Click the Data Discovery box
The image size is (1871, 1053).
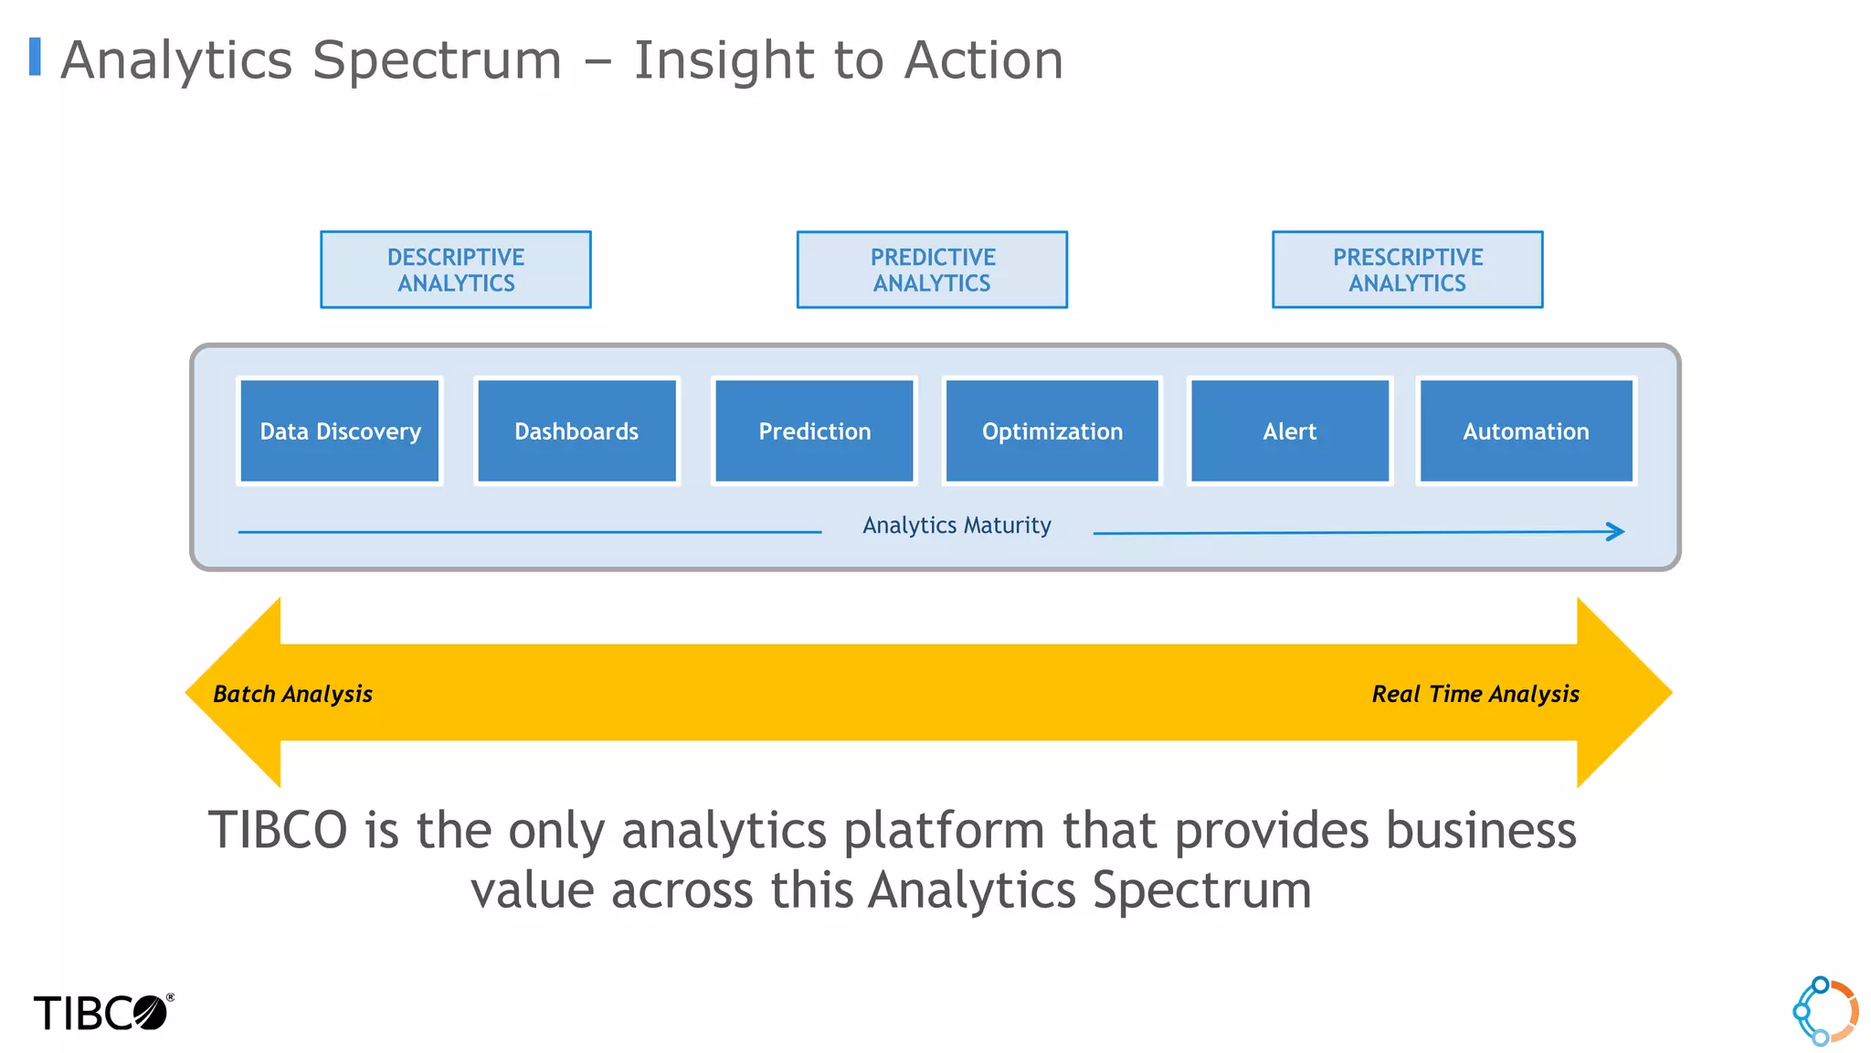click(340, 431)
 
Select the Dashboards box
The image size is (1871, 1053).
click(576, 431)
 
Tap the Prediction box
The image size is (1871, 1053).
click(814, 431)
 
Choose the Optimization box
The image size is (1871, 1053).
click(1052, 431)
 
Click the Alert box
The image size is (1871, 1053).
click(1289, 431)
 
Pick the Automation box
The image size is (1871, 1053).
click(1526, 431)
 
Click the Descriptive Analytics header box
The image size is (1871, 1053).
click(456, 270)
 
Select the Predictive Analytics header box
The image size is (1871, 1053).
click(932, 270)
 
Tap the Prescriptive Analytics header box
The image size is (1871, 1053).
click(1407, 270)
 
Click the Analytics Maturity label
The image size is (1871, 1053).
click(957, 526)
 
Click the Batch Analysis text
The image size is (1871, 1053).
click(292, 694)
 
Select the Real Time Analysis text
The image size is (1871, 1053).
click(1475, 694)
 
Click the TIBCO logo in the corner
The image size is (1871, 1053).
click(102, 1013)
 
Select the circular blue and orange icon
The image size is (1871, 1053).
click(1824, 1011)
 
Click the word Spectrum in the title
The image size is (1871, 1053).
click(437, 60)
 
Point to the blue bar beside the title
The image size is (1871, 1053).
click(35, 57)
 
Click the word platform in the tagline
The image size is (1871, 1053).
click(944, 830)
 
